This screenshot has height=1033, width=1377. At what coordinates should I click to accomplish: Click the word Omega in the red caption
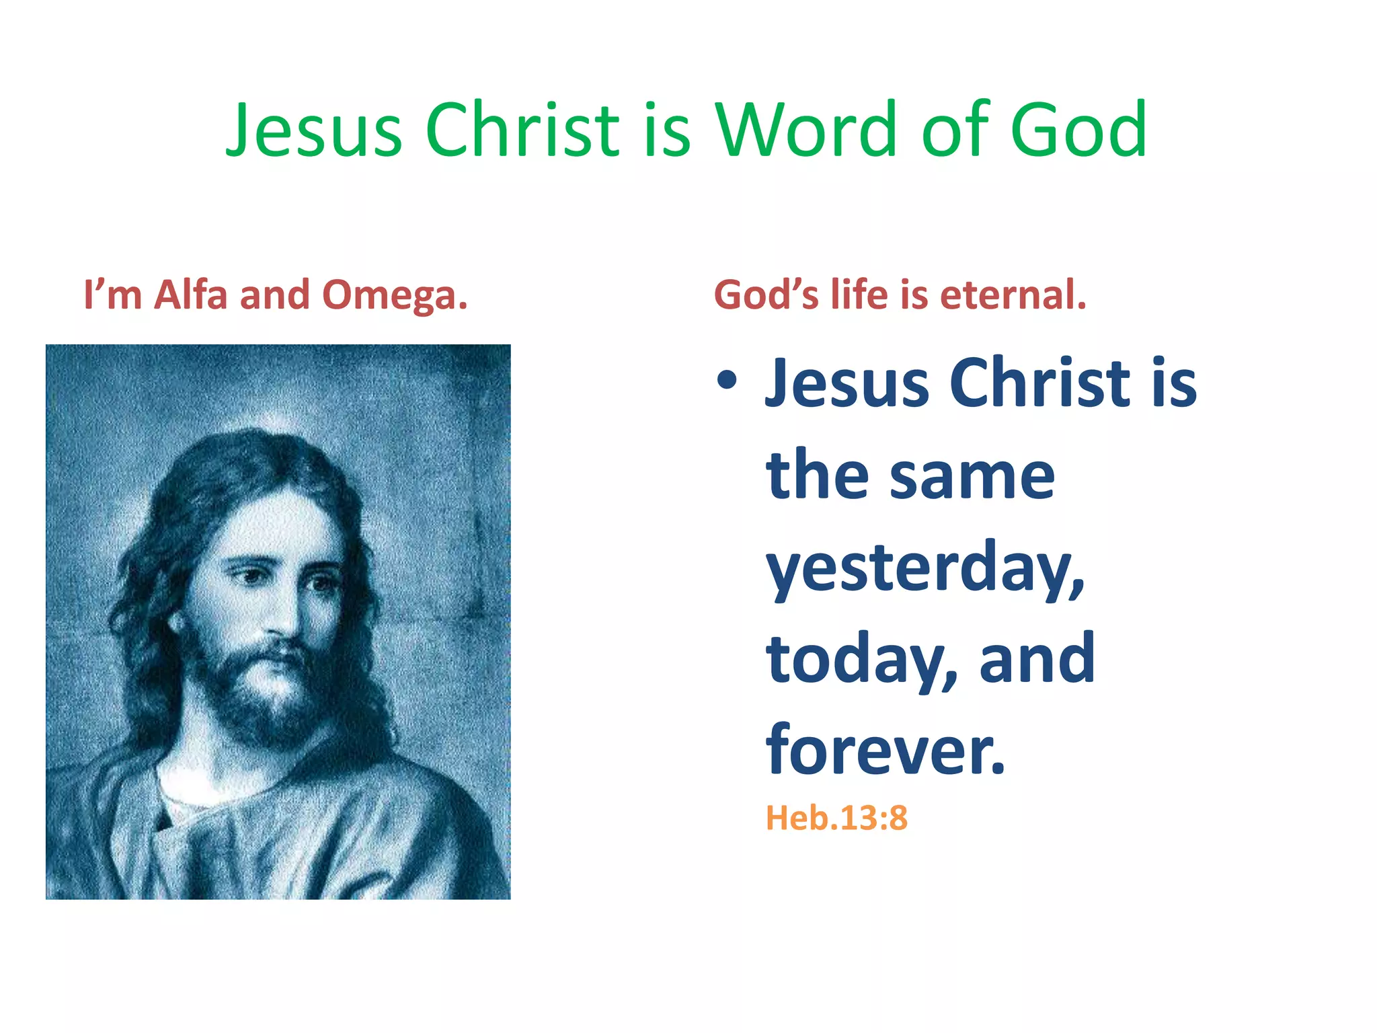point(394,296)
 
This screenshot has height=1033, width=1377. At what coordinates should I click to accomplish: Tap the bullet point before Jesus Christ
point(727,381)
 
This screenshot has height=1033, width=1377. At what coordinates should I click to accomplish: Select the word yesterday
point(925,568)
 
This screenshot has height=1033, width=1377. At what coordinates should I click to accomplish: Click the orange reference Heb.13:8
point(836,818)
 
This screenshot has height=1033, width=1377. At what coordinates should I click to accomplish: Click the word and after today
point(1037,658)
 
